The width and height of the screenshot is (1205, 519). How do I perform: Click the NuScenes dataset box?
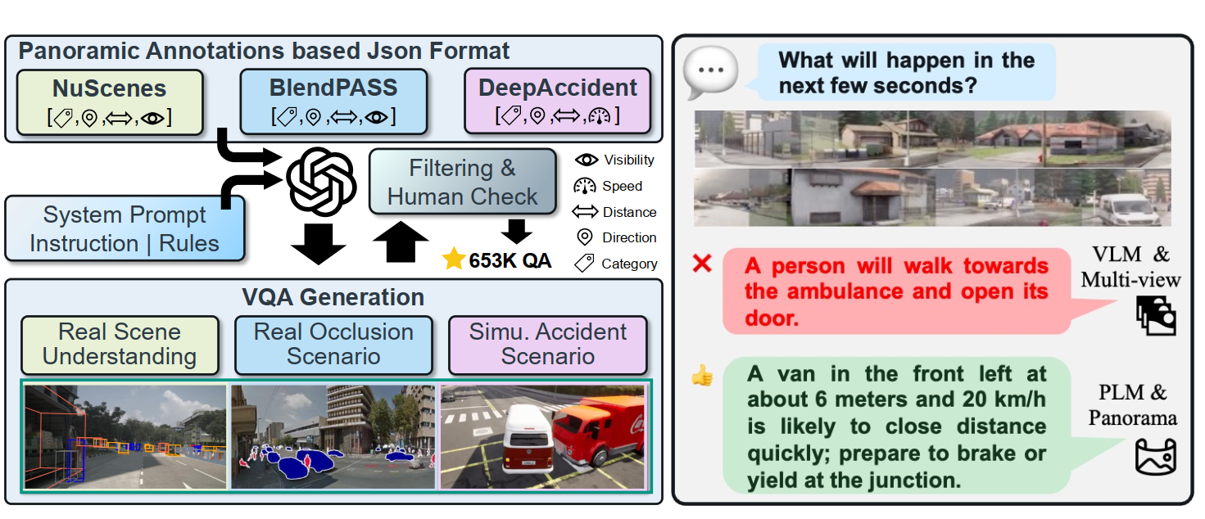(x=110, y=102)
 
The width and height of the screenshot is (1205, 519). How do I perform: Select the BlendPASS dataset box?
(x=333, y=102)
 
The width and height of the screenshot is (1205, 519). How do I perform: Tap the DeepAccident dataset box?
(x=558, y=102)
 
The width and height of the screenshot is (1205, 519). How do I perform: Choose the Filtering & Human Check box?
(x=462, y=183)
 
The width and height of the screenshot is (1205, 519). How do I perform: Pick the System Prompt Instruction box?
(x=125, y=229)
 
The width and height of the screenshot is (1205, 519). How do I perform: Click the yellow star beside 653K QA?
(x=453, y=260)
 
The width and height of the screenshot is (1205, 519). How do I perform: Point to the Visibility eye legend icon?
(x=587, y=160)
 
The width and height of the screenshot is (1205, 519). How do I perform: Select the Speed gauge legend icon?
(x=587, y=186)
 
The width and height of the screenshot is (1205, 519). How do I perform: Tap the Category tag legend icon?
(x=585, y=264)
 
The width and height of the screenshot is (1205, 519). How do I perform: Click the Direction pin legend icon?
(x=585, y=237)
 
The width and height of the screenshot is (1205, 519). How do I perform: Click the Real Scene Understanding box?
(x=120, y=344)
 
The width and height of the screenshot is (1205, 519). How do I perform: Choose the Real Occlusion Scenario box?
(x=333, y=344)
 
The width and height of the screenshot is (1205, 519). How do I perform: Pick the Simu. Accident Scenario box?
(x=547, y=344)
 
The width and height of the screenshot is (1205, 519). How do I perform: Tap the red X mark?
(x=702, y=264)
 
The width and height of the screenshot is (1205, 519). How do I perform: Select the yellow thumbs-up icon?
(x=702, y=376)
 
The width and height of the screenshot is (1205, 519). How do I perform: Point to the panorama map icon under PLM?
(x=1155, y=458)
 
